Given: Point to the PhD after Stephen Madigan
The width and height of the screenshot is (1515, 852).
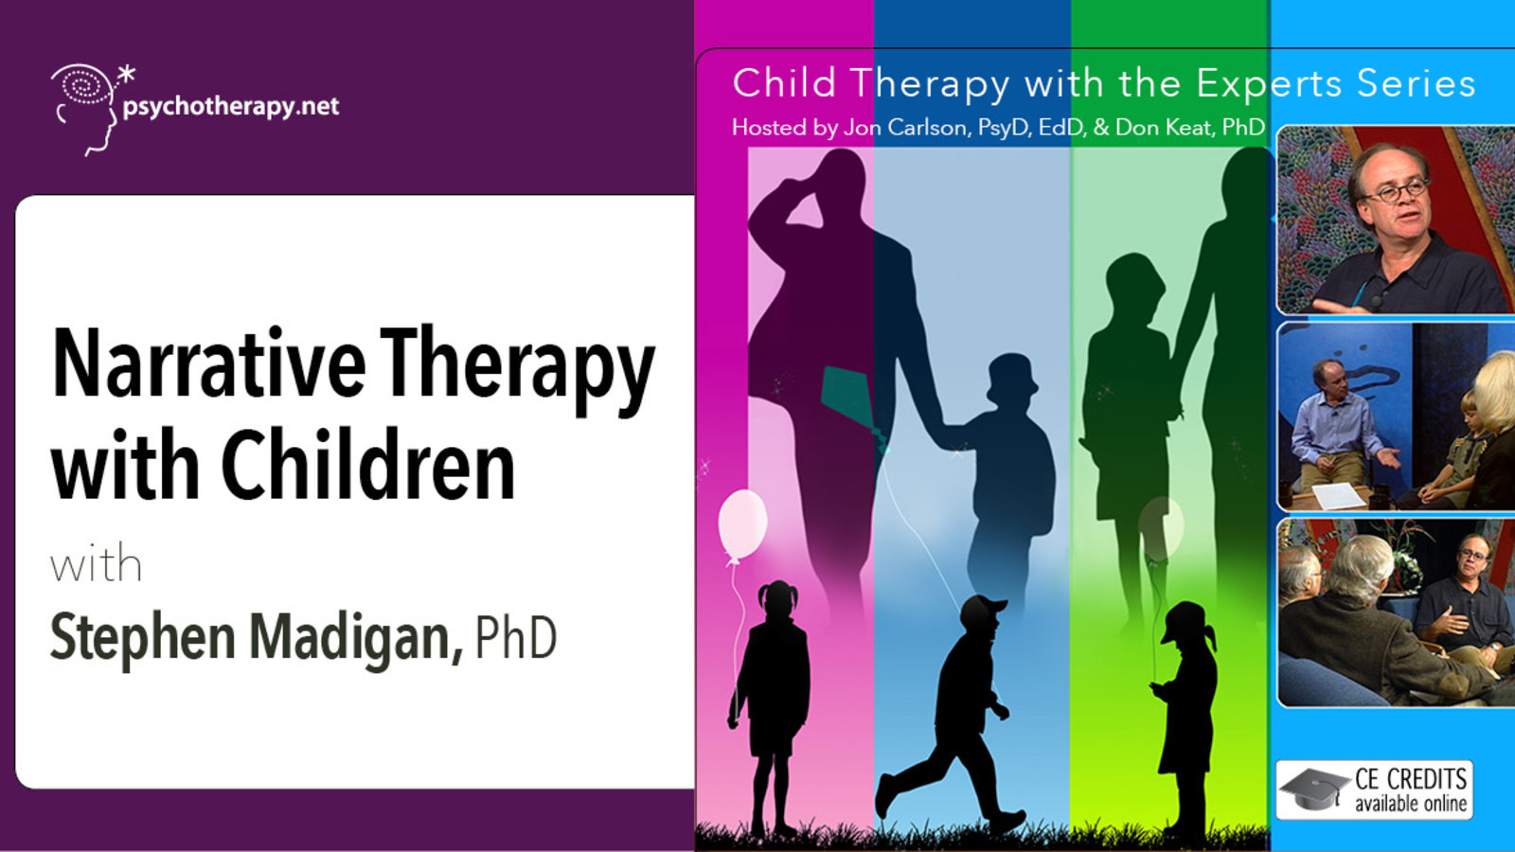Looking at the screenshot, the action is (x=516, y=637).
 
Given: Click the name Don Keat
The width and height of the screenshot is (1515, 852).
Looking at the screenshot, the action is (x=1163, y=127).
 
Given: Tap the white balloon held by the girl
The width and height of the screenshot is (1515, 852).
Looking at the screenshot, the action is (x=742, y=525).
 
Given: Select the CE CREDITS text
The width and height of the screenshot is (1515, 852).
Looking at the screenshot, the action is (x=1411, y=778).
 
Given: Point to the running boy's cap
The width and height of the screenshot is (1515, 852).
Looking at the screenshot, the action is (x=984, y=609).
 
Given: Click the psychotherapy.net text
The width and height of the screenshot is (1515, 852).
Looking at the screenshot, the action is (x=231, y=108).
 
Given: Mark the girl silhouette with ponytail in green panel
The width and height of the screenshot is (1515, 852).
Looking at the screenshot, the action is (x=1185, y=717).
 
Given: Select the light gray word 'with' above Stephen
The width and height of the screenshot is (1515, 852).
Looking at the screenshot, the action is (x=96, y=564).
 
